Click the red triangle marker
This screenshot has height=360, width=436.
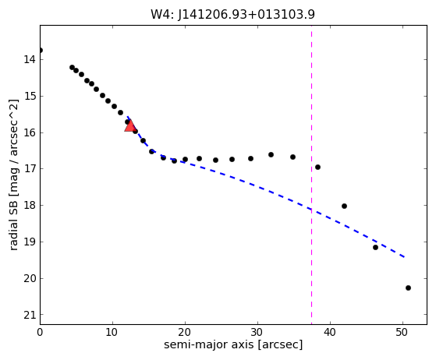[x=130, y=125]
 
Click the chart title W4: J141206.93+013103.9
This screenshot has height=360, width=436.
[x=232, y=14]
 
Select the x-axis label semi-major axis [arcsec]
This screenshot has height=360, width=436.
[x=233, y=344]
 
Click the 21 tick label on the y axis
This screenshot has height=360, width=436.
[x=30, y=315]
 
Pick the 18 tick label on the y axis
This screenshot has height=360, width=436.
[x=30, y=205]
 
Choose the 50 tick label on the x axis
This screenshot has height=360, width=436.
[x=403, y=332]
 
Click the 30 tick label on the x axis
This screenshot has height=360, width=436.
[x=257, y=332]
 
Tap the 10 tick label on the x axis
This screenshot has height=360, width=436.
[x=112, y=332]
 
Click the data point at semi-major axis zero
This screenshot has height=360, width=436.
[x=41, y=51]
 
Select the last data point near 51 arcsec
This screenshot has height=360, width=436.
[x=408, y=288]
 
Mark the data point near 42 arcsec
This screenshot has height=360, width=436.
[x=344, y=206]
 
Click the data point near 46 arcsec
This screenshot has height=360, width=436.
[x=375, y=247]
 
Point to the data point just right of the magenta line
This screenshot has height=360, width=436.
[x=317, y=168]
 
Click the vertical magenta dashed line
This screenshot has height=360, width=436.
[x=311, y=175]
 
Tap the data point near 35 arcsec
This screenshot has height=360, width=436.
[x=292, y=157]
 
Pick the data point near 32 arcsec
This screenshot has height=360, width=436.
[x=271, y=155]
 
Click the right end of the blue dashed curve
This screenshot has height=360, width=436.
[x=405, y=257]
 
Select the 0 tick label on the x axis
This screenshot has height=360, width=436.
[x=40, y=332]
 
